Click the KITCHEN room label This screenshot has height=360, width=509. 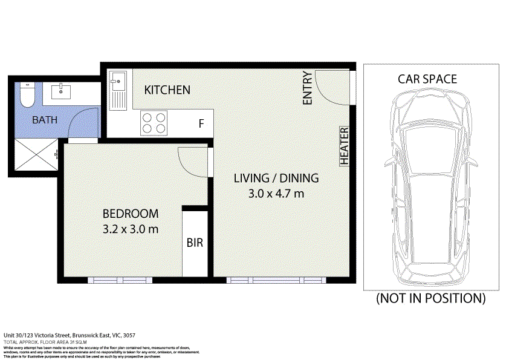tap(167, 90)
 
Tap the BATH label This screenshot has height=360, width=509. tap(45, 120)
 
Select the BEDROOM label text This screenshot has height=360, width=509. tap(131, 214)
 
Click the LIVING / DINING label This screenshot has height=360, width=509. tap(276, 178)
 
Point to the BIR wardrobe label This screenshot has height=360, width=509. tap(195, 243)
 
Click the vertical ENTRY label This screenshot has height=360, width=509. tap(308, 88)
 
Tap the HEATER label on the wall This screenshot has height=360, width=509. tap(345, 146)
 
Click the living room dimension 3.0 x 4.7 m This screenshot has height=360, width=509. tap(276, 194)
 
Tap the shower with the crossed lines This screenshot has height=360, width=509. tap(37, 154)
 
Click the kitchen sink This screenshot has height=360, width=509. tap(117, 89)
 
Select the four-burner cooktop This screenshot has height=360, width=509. tap(154, 123)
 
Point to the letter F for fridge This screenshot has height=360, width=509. tap(201, 124)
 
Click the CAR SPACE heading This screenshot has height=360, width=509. tap(427, 79)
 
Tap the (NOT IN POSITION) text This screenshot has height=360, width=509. tap(430, 298)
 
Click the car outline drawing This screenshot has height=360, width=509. tap(427, 188)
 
